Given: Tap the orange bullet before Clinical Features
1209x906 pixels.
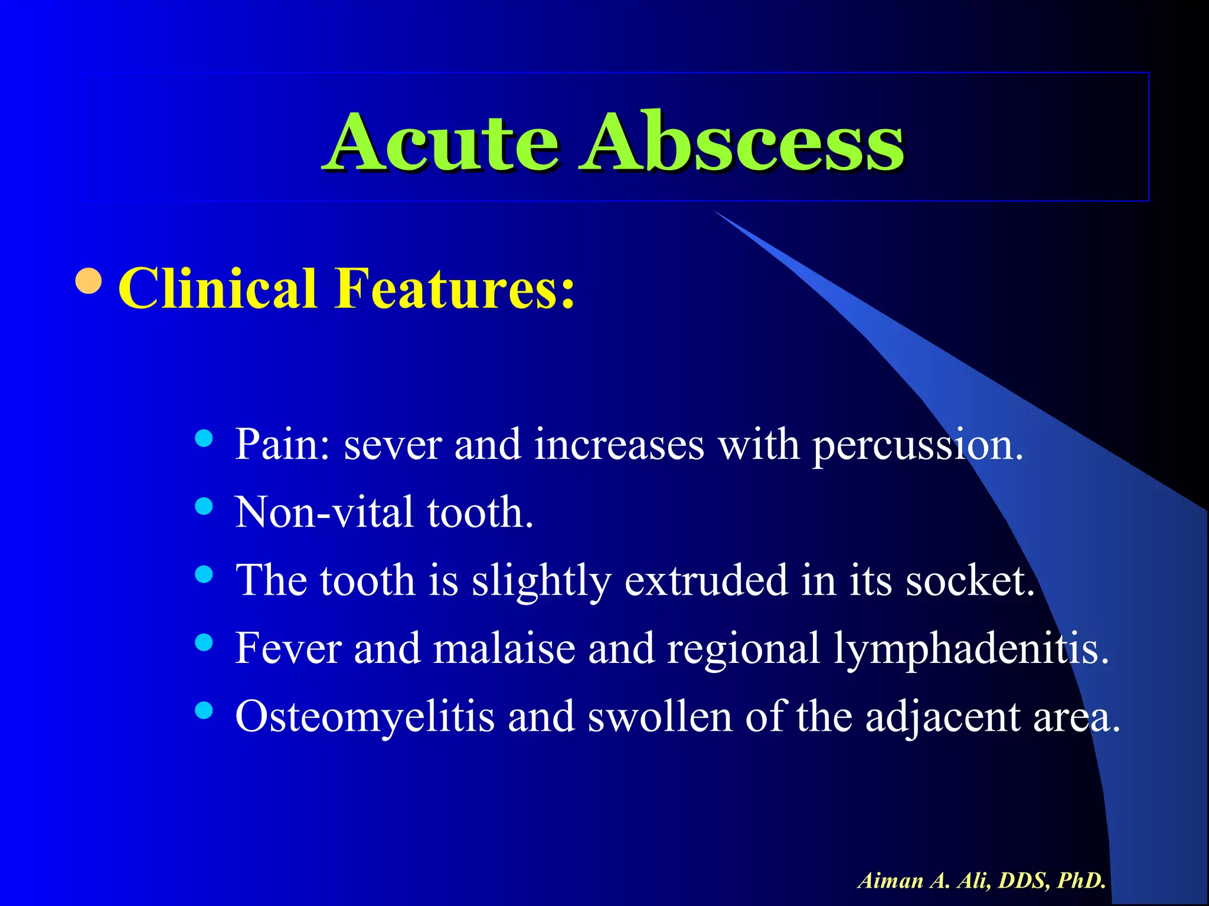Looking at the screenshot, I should [x=89, y=281].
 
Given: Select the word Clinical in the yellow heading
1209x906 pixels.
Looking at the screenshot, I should [x=218, y=288].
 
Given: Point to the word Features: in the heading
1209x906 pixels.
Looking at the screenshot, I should [x=455, y=288].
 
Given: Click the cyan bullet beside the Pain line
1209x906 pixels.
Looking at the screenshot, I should [x=204, y=438].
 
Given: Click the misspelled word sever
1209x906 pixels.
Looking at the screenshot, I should [x=393, y=446].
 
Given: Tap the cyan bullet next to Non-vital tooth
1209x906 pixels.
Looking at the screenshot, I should [x=204, y=506].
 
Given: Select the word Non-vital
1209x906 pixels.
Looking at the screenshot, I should [x=324, y=513].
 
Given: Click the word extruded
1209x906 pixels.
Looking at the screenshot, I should [x=706, y=580].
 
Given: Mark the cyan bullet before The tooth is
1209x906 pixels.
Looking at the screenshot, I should [x=204, y=574].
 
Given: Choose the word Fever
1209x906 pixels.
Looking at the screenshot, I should [x=288, y=648].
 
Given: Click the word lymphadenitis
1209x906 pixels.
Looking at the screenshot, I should [x=971, y=649].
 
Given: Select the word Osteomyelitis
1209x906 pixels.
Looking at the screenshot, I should [x=365, y=717].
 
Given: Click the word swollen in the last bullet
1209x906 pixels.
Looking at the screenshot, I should [x=660, y=717].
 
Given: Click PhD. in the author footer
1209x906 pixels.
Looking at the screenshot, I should [x=1081, y=881].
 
